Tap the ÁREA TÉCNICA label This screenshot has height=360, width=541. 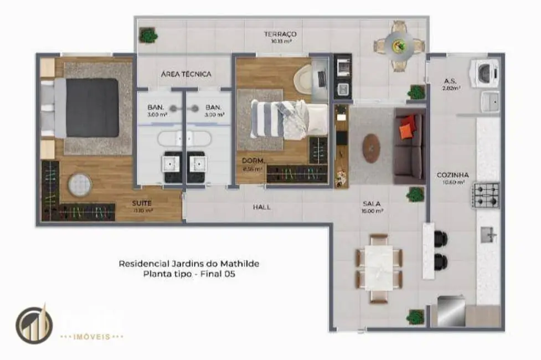click(x=186, y=74)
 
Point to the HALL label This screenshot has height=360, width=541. click(x=261, y=207)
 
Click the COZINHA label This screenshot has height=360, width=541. click(x=449, y=175)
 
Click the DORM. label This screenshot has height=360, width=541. click(x=253, y=161)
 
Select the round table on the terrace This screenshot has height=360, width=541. click(x=399, y=45)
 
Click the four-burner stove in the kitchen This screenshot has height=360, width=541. click(x=485, y=195)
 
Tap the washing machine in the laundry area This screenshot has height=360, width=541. click(x=485, y=73)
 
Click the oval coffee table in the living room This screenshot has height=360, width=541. click(x=370, y=148)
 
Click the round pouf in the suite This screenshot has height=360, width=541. click(x=80, y=184)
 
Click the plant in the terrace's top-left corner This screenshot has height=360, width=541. click(x=148, y=35)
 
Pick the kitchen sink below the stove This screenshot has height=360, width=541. click(x=488, y=235)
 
